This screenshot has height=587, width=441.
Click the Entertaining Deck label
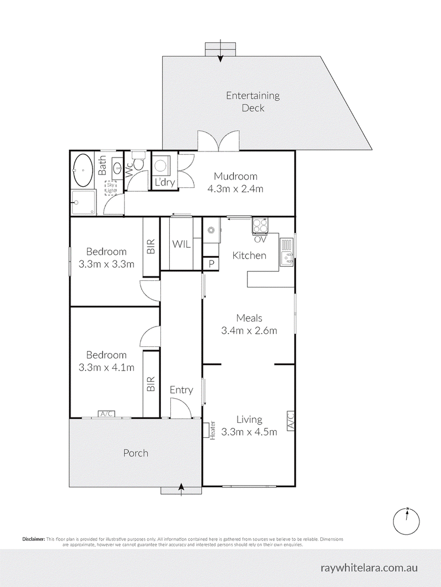coord(253,102)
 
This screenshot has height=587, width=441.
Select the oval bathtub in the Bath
coord(83,170)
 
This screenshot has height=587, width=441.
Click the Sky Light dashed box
coord(111,188)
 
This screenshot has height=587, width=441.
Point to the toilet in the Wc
coord(138,160)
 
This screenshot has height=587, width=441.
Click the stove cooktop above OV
coord(260,225)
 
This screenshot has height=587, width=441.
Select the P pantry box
coord(211,264)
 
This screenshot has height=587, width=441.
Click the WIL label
coord(181,244)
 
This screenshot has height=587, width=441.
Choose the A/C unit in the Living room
coord(291,421)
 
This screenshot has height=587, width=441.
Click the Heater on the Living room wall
coord(206,430)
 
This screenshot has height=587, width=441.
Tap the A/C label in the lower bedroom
coord(107,414)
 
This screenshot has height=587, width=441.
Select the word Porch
coord(136,453)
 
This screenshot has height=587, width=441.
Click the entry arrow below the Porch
coord(181,490)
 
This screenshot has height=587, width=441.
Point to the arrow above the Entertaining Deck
coord(220,51)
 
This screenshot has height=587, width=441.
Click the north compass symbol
coord(406,521)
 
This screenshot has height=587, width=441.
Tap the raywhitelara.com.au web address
coord(369,568)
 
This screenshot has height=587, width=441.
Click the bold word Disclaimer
coord(34,539)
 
